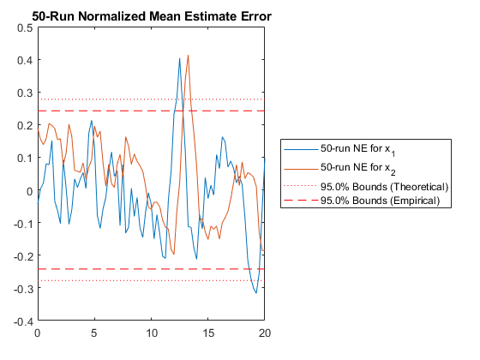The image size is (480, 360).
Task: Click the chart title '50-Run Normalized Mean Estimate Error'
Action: pos(152,16)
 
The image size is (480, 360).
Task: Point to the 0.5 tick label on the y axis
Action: pos(25,28)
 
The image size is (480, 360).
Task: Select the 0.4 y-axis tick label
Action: pos(25,60)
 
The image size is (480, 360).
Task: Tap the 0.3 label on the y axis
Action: pos(25,93)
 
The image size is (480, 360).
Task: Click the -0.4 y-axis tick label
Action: pos(23,321)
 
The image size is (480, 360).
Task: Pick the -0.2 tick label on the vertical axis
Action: pos(23,256)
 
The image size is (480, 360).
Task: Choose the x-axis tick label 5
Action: pos(94,333)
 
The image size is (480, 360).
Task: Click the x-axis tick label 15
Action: pos(208,333)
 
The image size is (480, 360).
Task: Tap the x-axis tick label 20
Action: pos(265,333)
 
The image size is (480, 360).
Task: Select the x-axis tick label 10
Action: pos(152,333)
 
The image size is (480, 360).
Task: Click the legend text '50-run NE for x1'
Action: pos(358,150)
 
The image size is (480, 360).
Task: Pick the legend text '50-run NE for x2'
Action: pos(358,169)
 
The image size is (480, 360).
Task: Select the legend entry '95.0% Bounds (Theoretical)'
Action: pos(384,187)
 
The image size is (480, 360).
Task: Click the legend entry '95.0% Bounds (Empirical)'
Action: pos(380,201)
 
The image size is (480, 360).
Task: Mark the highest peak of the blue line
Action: pos(180,58)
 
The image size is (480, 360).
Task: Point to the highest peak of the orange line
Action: pos(188,56)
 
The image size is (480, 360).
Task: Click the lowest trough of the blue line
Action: pos(256,293)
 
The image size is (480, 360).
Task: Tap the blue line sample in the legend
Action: pos(301,149)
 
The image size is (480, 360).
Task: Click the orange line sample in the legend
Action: pos(301,169)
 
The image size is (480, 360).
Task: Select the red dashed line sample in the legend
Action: pos(301,201)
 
